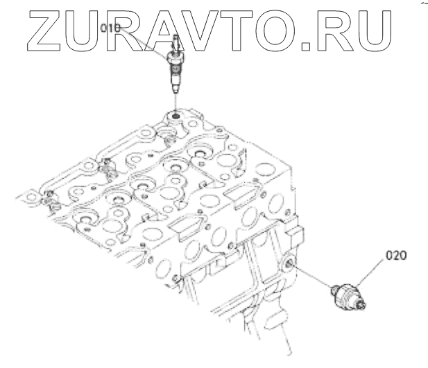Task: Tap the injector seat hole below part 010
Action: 176,114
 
